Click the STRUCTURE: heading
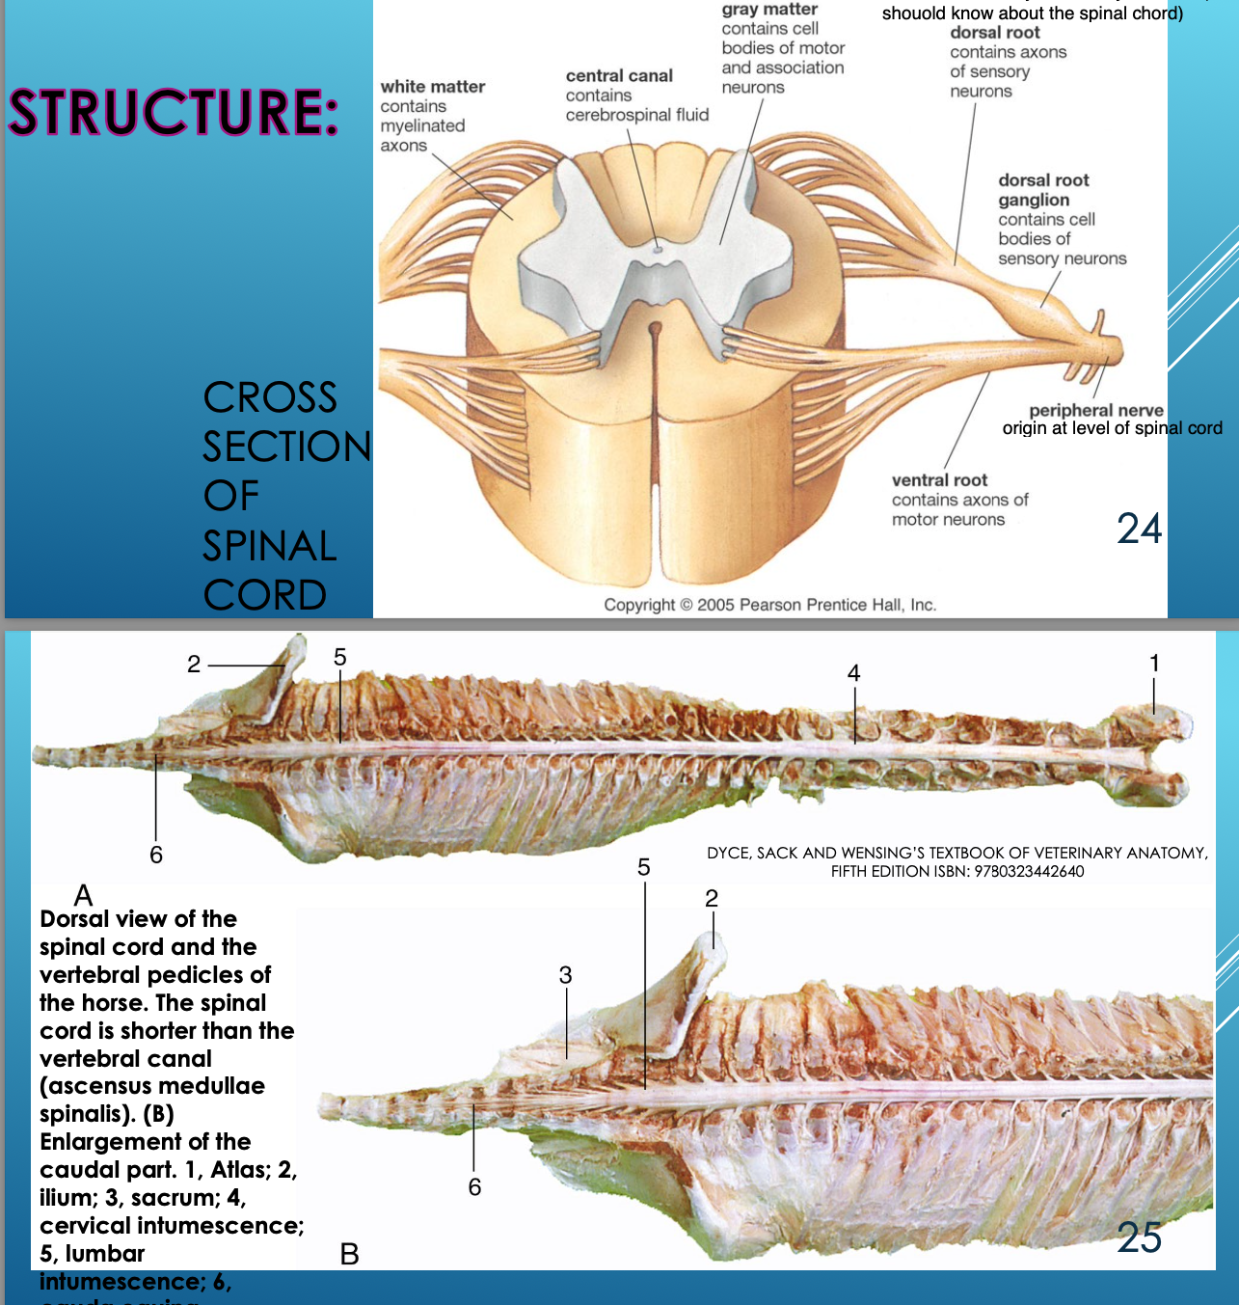click(x=174, y=113)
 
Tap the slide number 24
click(x=1139, y=529)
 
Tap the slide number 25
click(x=1139, y=1237)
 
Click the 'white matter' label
click(x=432, y=87)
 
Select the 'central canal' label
click(x=619, y=76)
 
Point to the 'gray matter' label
click(x=769, y=10)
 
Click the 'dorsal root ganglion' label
click(x=1043, y=190)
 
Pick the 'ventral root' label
click(x=939, y=480)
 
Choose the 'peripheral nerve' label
click(x=1096, y=410)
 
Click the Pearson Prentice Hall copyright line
click(x=769, y=605)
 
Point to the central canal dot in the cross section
click(x=658, y=248)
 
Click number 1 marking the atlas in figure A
click(x=1154, y=663)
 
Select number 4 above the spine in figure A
click(x=853, y=673)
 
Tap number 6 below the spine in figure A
click(x=156, y=855)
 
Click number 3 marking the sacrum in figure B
click(x=566, y=975)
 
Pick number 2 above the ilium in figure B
click(x=712, y=899)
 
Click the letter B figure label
click(x=349, y=1254)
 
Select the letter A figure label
click(x=83, y=895)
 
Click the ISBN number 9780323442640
click(x=1029, y=871)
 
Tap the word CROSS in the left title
click(x=270, y=397)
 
